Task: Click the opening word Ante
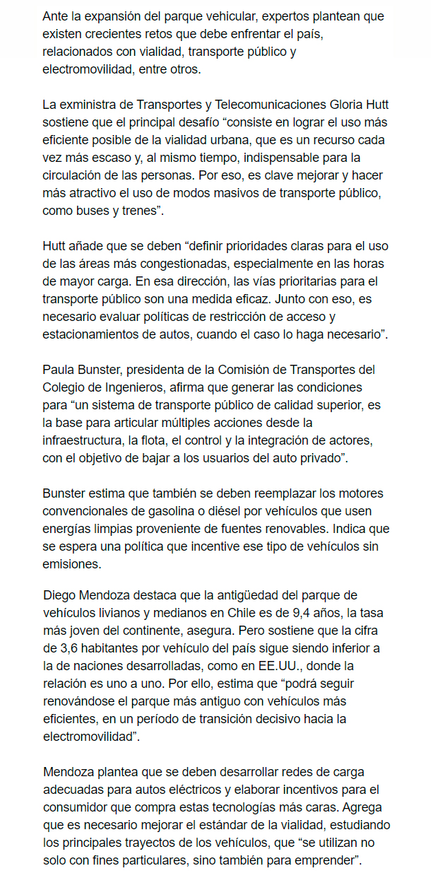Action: pyautogui.click(x=55, y=16)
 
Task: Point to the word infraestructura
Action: pyautogui.click(x=83, y=440)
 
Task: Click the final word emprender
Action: pyautogui.click(x=326, y=859)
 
